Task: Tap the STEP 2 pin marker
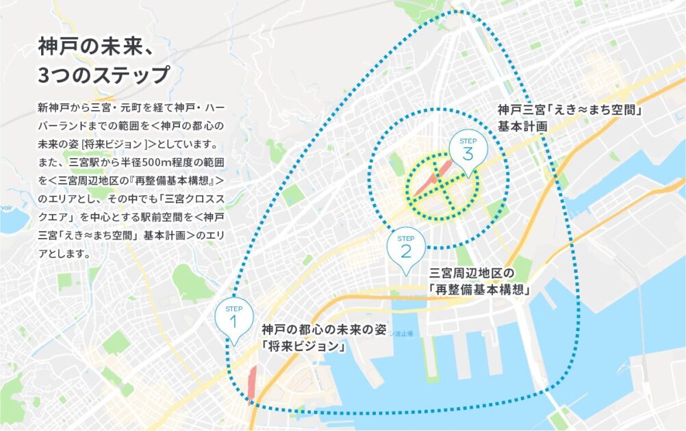(406, 248)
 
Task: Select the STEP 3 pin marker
(468, 151)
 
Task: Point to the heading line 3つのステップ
(103, 75)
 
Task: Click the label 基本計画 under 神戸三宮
(523, 127)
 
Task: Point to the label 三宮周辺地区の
(470, 273)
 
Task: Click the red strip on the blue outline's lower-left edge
(251, 383)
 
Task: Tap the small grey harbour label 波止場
(404, 333)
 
